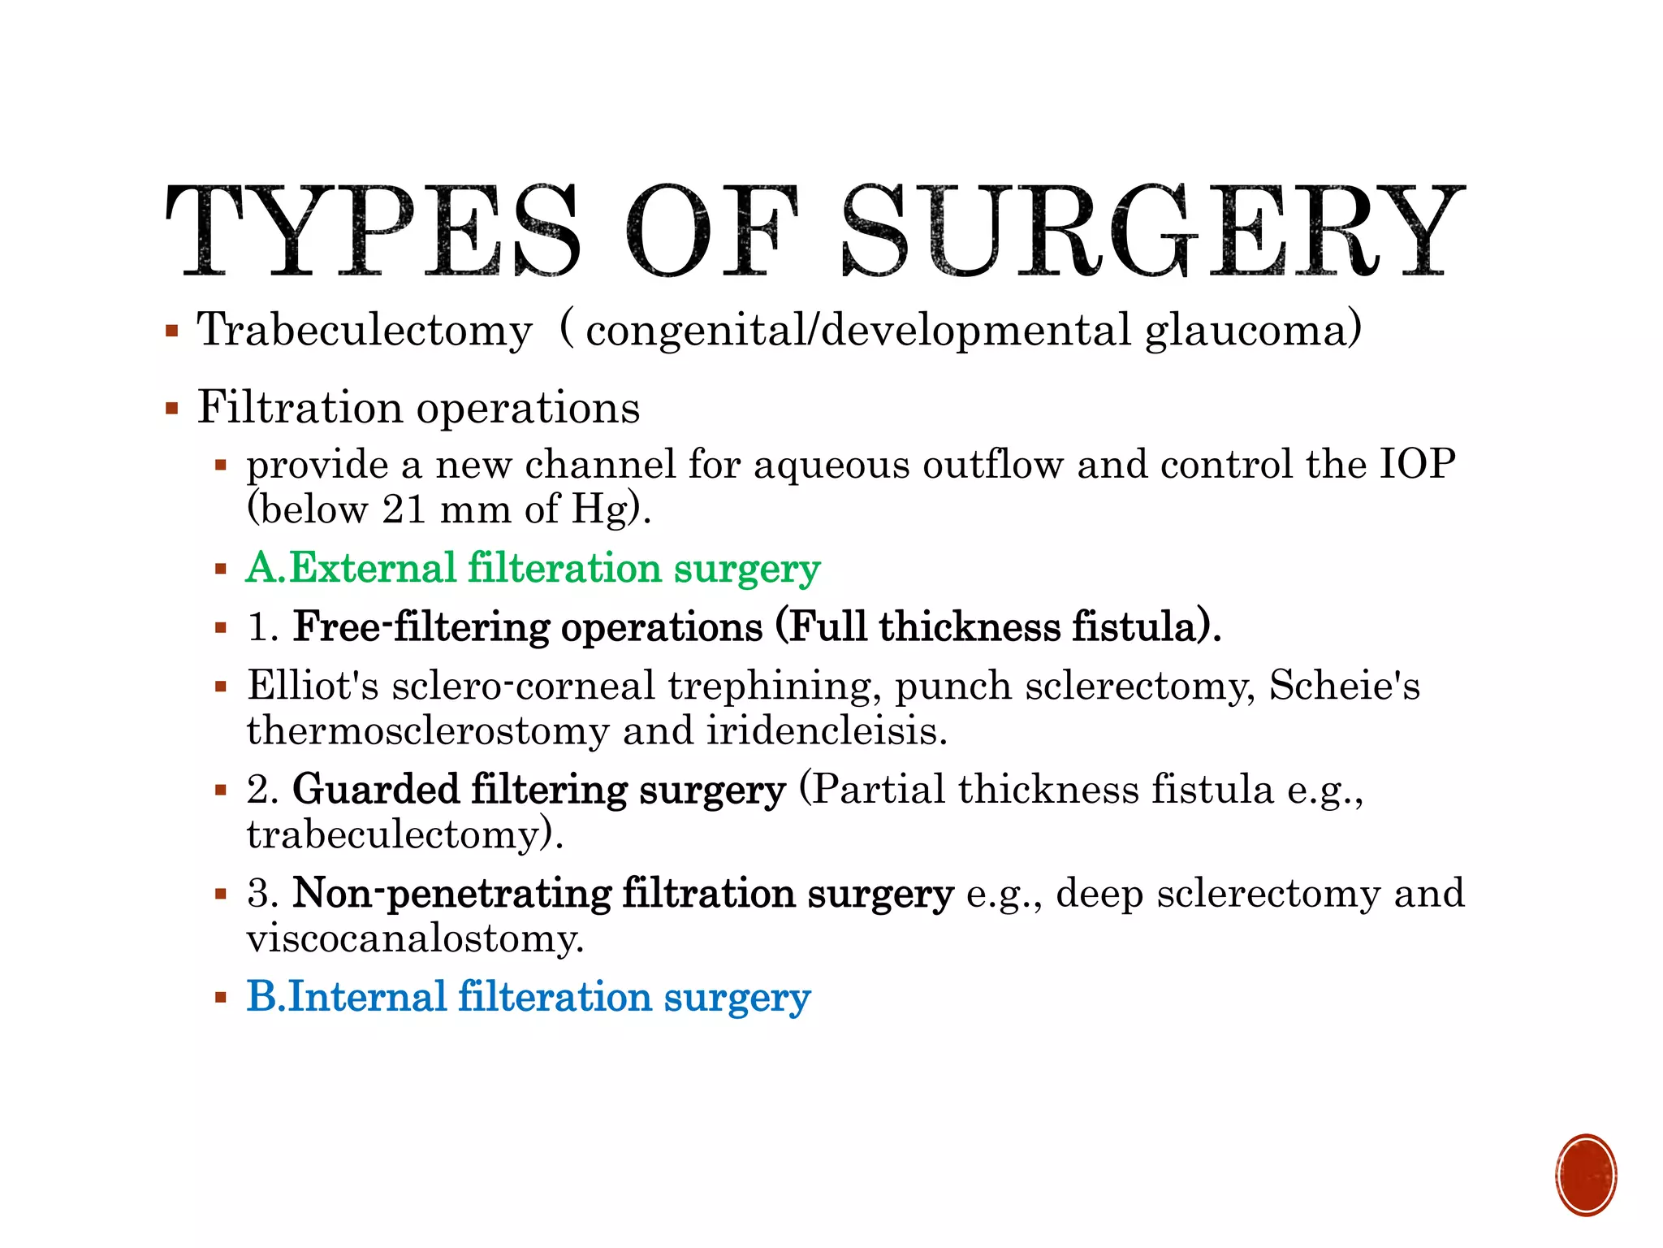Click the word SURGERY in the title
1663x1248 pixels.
(x=1153, y=231)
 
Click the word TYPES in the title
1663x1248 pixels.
(x=374, y=231)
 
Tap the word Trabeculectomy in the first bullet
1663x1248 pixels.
(x=365, y=331)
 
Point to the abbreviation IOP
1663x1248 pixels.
(x=1418, y=465)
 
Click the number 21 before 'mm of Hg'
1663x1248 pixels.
(x=404, y=510)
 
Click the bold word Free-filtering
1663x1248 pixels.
(x=420, y=627)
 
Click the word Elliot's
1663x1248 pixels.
(x=313, y=686)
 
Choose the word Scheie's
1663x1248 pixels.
(x=1345, y=686)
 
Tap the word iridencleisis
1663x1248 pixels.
(x=826, y=731)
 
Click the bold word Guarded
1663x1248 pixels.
(x=376, y=790)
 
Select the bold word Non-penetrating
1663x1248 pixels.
(x=451, y=894)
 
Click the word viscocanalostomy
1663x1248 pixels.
(x=415, y=939)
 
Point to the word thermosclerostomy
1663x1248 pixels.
(x=428, y=731)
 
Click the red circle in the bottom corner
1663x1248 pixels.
(x=1586, y=1175)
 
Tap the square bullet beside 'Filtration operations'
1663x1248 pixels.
(x=171, y=408)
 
